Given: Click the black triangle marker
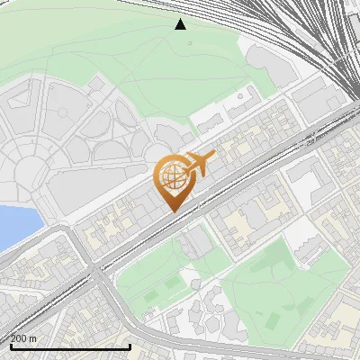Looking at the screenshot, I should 181,24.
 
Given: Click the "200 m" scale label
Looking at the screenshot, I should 24,338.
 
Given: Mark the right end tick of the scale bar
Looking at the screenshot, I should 130,345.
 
